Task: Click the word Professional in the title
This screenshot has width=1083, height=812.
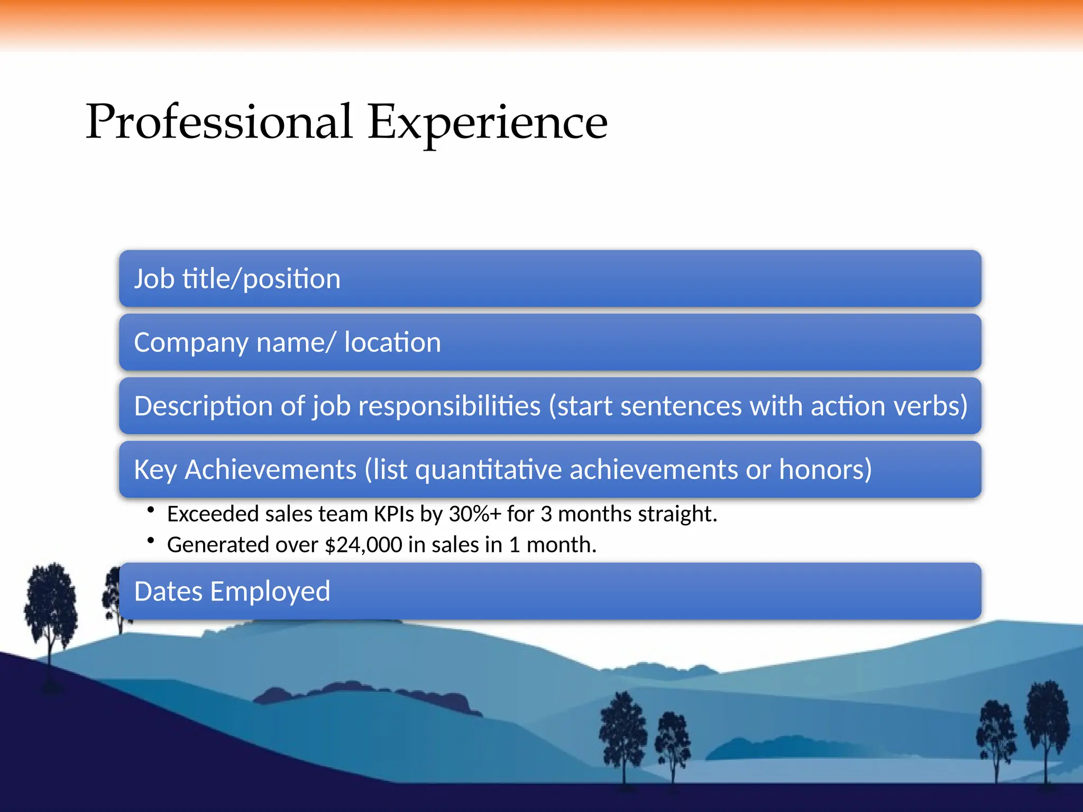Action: click(219, 122)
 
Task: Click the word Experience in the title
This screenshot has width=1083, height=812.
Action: click(487, 122)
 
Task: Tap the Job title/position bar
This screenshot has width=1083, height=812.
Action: click(550, 279)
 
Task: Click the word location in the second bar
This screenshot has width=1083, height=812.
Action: click(392, 343)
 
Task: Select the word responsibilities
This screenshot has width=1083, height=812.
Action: click(449, 406)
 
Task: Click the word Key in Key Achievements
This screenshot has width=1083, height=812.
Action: click(155, 469)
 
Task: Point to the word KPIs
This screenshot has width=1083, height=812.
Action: click(394, 514)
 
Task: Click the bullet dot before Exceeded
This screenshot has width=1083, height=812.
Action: click(151, 510)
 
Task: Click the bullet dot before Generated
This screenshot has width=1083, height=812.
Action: click(151, 540)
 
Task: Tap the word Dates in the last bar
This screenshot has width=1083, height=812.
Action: click(168, 591)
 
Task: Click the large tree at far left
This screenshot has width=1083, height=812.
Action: click(51, 608)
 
